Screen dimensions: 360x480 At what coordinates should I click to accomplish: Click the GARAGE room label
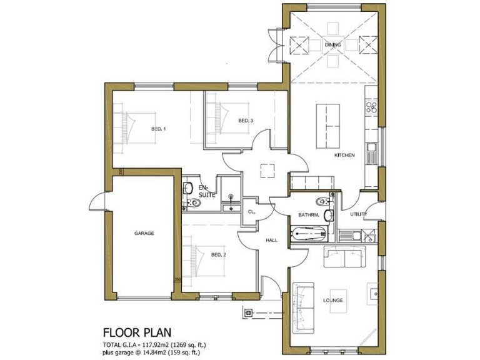pyautogui.click(x=144, y=233)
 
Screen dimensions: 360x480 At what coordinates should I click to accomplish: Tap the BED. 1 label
pyautogui.click(x=158, y=129)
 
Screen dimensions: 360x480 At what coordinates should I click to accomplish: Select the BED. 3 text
pyautogui.click(x=246, y=120)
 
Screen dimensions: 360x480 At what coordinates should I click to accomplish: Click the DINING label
pyautogui.click(x=332, y=45)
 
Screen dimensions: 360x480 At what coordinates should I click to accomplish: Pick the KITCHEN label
pyautogui.click(x=344, y=155)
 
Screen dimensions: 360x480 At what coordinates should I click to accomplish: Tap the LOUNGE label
pyautogui.click(x=333, y=301)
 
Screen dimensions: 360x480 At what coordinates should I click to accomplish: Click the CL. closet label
pyautogui.click(x=252, y=212)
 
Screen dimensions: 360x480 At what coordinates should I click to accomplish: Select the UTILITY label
pyautogui.click(x=359, y=214)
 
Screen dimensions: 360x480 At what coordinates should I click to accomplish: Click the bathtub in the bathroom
pyautogui.click(x=309, y=235)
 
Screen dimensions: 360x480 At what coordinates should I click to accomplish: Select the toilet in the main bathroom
pyautogui.click(x=322, y=201)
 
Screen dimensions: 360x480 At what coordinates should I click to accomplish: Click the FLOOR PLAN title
pyautogui.click(x=137, y=332)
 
